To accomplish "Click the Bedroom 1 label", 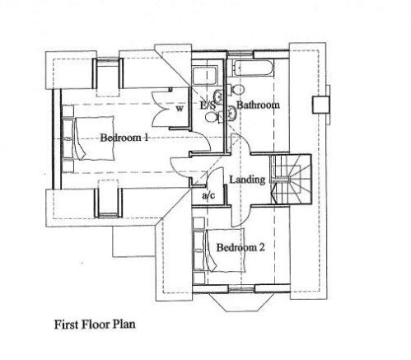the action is coord(124,138).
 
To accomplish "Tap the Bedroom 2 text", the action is coord(241,247).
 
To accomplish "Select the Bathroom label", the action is coord(258,105).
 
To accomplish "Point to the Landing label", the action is coord(247,180).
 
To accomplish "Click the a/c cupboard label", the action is coord(208,195).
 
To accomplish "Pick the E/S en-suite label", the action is coord(208,105).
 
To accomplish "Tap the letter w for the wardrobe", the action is coord(180,109).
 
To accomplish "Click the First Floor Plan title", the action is coord(95,325).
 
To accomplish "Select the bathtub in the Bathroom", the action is coord(253,68).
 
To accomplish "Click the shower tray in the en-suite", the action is coord(205,75).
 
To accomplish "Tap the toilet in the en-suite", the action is coord(213,118).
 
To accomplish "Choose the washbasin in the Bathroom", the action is coord(232,113).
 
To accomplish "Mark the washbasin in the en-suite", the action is coord(218,96).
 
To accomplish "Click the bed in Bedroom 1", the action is coord(88,138).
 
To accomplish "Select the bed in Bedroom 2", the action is coord(219,250).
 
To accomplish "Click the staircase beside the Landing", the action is coord(291,179).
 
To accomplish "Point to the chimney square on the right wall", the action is coord(321,105).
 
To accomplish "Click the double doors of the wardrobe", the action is coord(162,109).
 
